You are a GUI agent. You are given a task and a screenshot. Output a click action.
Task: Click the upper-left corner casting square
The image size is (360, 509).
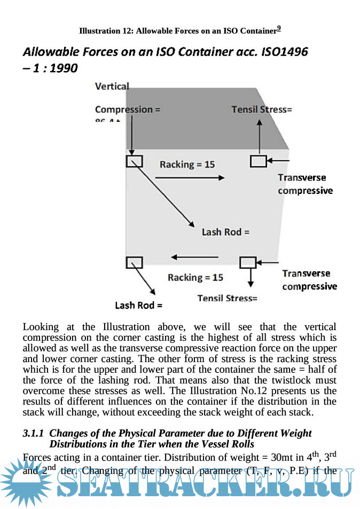[134, 161]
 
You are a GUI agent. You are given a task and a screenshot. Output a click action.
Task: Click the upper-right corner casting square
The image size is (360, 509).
[259, 161]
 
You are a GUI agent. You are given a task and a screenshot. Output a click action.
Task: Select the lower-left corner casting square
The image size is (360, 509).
[134, 262]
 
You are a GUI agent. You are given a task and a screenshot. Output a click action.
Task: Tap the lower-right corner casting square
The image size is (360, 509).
[248, 262]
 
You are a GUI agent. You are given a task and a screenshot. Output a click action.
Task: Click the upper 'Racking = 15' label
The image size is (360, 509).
[187, 165]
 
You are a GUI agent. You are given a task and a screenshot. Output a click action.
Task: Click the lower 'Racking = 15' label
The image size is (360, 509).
[195, 278]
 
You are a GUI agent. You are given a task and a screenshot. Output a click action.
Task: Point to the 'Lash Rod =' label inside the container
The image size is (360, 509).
[225, 232]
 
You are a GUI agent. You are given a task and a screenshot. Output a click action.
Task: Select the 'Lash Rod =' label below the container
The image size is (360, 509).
[138, 306]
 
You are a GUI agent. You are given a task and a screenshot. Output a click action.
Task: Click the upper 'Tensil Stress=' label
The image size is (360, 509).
[262, 109]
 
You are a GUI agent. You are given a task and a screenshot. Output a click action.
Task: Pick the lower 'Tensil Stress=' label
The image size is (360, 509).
[228, 298]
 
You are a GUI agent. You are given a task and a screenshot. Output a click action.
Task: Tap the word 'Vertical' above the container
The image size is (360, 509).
[112, 86]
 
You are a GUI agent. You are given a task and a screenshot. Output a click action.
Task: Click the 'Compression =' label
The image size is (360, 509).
[128, 109]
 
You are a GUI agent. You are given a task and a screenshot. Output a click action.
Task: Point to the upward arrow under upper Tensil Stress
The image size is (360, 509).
[260, 136]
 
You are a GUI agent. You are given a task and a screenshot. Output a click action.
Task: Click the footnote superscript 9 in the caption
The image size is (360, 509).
[279, 29]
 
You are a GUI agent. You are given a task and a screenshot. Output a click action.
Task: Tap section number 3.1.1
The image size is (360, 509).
[34, 433]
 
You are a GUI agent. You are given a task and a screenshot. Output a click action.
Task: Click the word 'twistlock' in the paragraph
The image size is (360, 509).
[295, 380]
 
